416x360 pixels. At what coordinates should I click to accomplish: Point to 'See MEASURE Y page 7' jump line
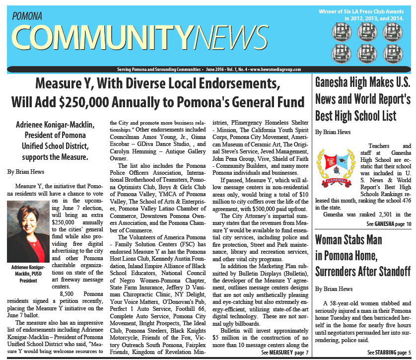pyautogui.click(x=284, y=352)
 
